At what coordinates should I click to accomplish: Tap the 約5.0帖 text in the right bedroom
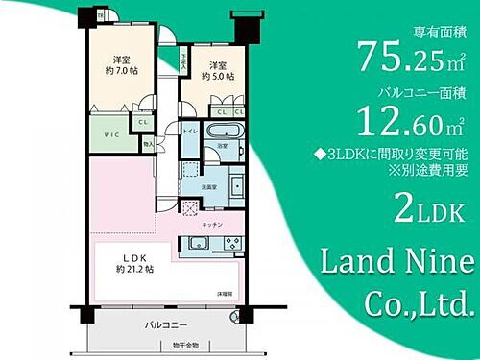pos(212,78)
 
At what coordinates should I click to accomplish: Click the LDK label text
pos(134,256)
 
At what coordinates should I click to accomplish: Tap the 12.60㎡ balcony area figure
pos(415,122)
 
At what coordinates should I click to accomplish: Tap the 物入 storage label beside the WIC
pos(147,144)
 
